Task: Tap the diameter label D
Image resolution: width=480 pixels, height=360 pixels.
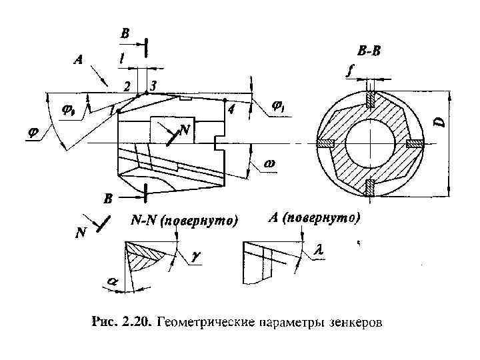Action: (438, 123)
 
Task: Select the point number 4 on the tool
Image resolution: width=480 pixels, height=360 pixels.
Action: (231, 111)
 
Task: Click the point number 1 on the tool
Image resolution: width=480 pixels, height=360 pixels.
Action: (111, 111)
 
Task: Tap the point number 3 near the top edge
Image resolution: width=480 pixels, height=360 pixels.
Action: (153, 86)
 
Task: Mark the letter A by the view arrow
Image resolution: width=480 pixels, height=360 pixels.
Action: (78, 59)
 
